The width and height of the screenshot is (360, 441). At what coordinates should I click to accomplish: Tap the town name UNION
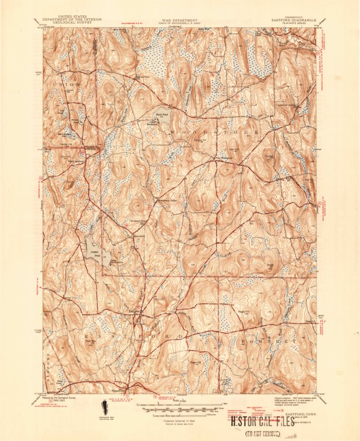coord(63,84)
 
